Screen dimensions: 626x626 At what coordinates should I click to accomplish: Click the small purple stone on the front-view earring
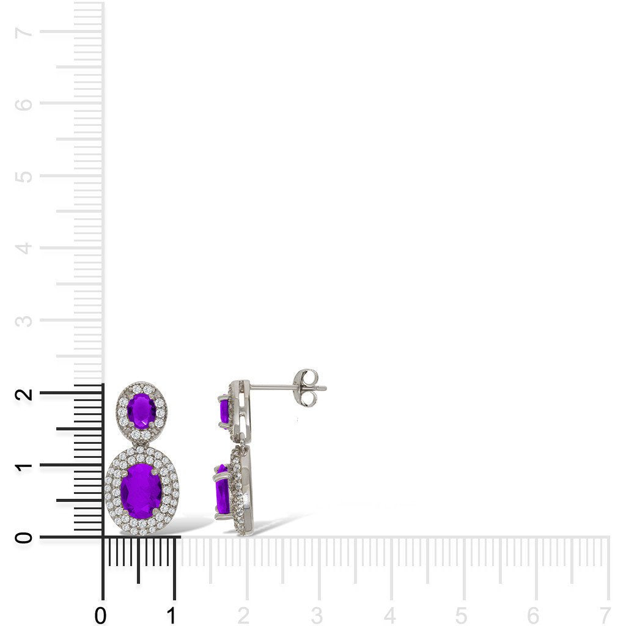142,411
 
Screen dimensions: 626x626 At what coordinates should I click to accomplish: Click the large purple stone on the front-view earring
141,492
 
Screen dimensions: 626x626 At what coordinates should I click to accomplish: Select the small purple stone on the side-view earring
224,411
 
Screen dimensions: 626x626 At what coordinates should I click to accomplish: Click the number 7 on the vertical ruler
24,32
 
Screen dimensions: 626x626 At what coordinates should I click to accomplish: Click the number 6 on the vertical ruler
24,104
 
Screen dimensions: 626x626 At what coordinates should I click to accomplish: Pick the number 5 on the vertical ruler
24,176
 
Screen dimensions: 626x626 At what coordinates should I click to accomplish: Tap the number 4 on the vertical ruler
24,248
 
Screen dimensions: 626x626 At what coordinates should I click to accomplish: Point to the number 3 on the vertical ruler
24,320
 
